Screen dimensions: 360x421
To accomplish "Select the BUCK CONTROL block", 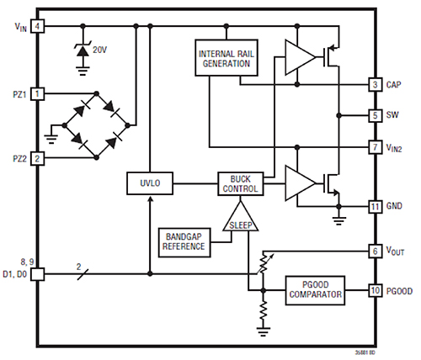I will pos(241,183).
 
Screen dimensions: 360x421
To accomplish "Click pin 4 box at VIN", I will pos(38,26).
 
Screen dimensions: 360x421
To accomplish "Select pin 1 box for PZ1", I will pos(38,93).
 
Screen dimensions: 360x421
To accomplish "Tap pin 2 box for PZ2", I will pos(38,157).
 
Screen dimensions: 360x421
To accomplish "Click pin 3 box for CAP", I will pos(376,85).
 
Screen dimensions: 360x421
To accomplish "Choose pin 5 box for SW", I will pos(376,115).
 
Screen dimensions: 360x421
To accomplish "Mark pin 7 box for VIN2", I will pos(376,146).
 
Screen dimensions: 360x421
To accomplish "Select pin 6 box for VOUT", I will pos(376,251).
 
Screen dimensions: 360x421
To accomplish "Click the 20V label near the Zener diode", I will pos(101,48).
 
